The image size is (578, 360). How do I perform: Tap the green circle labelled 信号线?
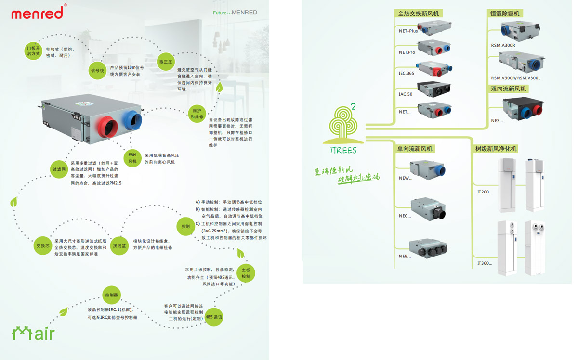tap(97, 71)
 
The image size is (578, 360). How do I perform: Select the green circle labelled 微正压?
tap(166, 62)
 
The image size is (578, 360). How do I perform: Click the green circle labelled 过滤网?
tap(59, 169)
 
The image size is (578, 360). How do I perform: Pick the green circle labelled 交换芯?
tap(42, 245)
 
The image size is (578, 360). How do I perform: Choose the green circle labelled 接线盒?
tap(119, 245)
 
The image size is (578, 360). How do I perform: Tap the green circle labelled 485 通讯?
tap(213, 317)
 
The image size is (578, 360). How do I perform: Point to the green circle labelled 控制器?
tap(111, 295)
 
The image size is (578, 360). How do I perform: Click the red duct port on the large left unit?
tap(108, 127)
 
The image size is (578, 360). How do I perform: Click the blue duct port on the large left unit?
tap(132, 120)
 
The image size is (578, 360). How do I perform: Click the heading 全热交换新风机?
tap(418, 13)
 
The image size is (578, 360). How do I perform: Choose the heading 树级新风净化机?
tap(496, 149)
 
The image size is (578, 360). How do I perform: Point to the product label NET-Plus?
tap(408, 31)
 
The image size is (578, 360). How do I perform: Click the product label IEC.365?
tap(407, 73)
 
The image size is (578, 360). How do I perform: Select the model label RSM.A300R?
tap(503, 46)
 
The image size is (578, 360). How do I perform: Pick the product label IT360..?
tap(484, 263)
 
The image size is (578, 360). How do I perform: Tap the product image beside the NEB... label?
tap(428, 249)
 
